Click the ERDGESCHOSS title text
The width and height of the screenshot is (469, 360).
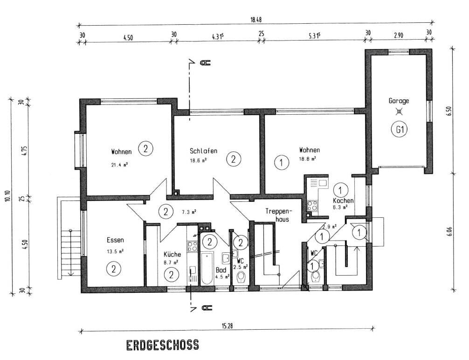pyautogui.click(x=162, y=345)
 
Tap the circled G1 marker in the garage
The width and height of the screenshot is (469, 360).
pyautogui.click(x=400, y=130)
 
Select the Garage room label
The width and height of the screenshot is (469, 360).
pyautogui.click(x=399, y=101)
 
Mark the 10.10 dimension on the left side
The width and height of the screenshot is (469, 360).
pyautogui.click(x=8, y=196)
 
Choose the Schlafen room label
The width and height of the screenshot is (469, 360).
pyautogui.click(x=203, y=151)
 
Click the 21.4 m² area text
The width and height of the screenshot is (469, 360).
pyautogui.click(x=120, y=165)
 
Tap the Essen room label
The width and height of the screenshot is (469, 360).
pyautogui.click(x=115, y=240)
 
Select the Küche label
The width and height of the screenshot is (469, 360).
pyautogui.click(x=172, y=254)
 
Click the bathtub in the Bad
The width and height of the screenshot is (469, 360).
pyautogui.click(x=207, y=268)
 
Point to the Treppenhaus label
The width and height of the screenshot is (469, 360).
pyautogui.click(x=278, y=215)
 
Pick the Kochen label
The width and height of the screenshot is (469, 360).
pyautogui.click(x=343, y=201)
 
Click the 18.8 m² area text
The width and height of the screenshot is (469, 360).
pyautogui.click(x=308, y=159)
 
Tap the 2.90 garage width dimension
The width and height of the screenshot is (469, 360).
pyautogui.click(x=399, y=35)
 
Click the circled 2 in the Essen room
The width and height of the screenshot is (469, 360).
pyautogui.click(x=114, y=269)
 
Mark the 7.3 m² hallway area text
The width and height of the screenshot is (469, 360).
pyautogui.click(x=189, y=213)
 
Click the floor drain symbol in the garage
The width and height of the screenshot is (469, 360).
pyautogui.click(x=399, y=112)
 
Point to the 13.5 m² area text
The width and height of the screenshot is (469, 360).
pyautogui.click(x=115, y=251)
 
